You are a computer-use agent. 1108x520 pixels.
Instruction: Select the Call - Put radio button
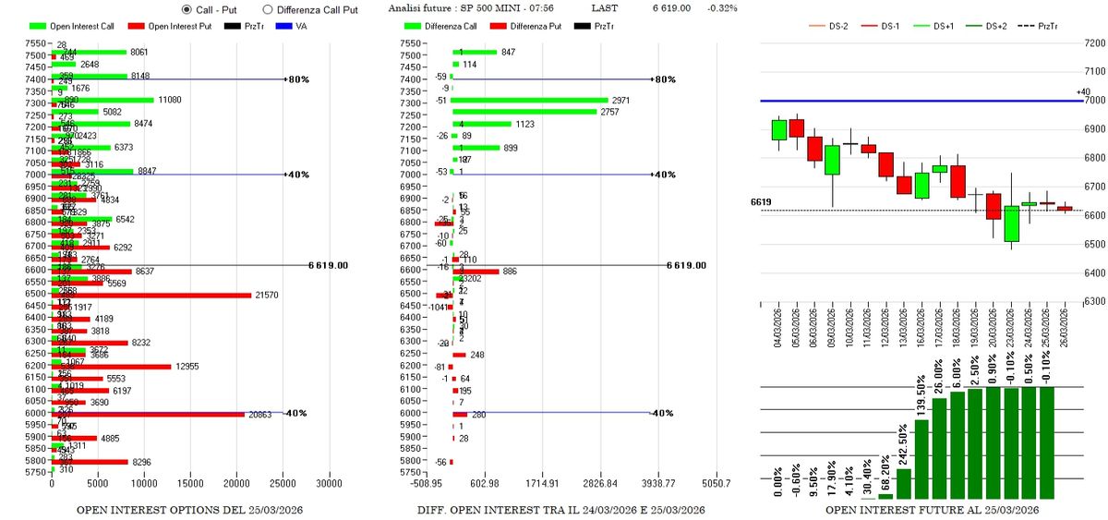pyautogui.click(x=187, y=8)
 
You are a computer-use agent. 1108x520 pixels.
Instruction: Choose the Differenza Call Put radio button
pyautogui.click(x=268, y=8)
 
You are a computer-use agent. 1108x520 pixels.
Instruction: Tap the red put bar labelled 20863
pyautogui.click(x=148, y=414)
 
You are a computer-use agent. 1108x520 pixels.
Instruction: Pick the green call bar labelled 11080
pyautogui.click(x=102, y=99)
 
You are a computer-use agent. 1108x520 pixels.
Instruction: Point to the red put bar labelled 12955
pyautogui.click(x=111, y=366)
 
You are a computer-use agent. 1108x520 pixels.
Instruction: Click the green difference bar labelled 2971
pyautogui.click(x=530, y=99)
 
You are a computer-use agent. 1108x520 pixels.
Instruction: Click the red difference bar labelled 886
pyautogui.click(x=476, y=271)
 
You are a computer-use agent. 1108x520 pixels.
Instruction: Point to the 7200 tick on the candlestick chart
pyautogui.click(x=1093, y=42)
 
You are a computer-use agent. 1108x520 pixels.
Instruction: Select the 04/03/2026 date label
pyautogui.click(x=779, y=328)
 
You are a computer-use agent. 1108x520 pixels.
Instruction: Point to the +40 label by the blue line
pyautogui.click(x=1084, y=91)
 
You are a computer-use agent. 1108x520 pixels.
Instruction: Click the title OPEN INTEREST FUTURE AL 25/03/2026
pyautogui.click(x=933, y=510)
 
